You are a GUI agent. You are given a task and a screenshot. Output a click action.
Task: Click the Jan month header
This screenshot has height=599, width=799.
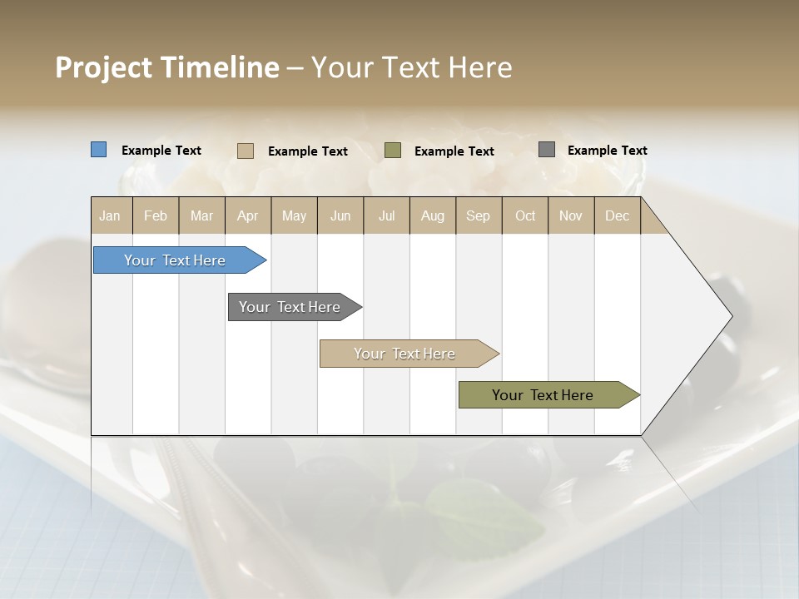[111, 215]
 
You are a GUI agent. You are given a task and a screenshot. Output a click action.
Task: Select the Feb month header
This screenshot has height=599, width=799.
[156, 215]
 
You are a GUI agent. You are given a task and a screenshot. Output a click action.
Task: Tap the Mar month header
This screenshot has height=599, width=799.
[201, 215]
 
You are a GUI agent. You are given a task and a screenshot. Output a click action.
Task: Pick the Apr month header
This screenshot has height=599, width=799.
[248, 215]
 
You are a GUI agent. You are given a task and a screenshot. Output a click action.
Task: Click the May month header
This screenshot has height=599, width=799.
[294, 215]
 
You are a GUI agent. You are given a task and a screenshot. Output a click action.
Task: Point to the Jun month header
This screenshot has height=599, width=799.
[340, 215]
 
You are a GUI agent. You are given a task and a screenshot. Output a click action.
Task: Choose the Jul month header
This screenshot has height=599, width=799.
[386, 215]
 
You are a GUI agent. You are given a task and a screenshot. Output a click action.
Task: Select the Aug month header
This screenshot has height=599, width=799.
[433, 215]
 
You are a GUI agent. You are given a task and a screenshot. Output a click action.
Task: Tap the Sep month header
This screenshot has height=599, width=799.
[479, 215]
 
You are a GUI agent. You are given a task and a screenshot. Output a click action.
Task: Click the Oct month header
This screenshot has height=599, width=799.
[525, 215]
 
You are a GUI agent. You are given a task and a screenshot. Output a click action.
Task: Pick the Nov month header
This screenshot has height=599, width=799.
[571, 215]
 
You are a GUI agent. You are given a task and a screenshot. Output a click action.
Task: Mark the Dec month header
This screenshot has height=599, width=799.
[618, 215]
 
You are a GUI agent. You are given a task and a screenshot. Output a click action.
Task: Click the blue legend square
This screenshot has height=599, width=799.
[99, 150]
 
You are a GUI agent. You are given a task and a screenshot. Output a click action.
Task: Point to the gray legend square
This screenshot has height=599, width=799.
[547, 150]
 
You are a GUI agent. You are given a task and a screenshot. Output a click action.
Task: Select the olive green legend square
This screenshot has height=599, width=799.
[393, 151]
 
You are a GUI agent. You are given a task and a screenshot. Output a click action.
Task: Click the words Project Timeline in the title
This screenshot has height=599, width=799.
[167, 67]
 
